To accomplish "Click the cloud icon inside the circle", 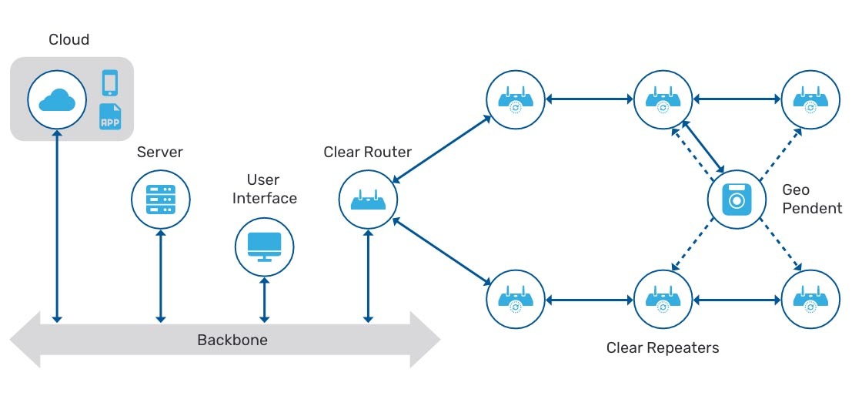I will coord(57,100).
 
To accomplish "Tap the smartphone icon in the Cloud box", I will coord(111,82).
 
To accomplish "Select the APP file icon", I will coord(111,117).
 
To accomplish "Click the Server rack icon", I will coord(160,199).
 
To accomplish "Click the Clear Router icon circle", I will coord(369,200).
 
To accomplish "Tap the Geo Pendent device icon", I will coord(737,200).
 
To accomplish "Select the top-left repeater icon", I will coord(516,99).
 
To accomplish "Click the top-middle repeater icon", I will coord(663,99).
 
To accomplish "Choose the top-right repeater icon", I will coord(810,99).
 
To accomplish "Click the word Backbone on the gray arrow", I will coord(232,340).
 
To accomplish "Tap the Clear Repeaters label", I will coord(662,348).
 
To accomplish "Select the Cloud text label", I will coord(69,40).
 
